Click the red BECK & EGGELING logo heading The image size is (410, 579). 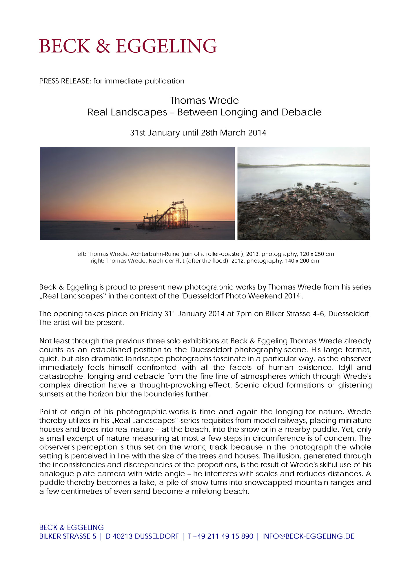128,46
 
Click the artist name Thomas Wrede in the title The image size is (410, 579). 204,100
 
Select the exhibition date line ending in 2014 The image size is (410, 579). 198,133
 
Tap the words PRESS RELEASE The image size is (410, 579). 65,81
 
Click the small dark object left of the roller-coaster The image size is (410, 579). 116,229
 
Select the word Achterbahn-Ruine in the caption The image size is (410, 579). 155,254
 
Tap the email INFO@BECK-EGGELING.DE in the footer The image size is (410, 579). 308,536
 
